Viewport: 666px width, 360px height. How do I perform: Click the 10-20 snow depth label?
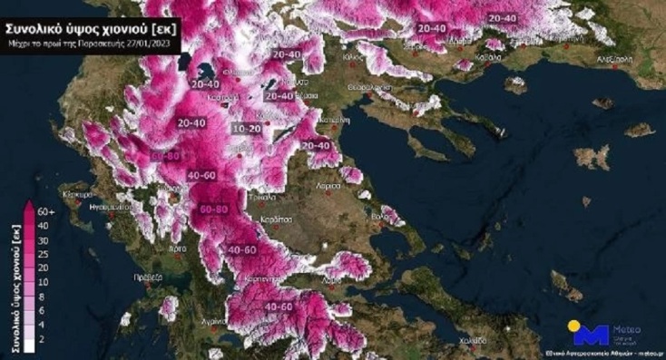(x=247, y=131)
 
